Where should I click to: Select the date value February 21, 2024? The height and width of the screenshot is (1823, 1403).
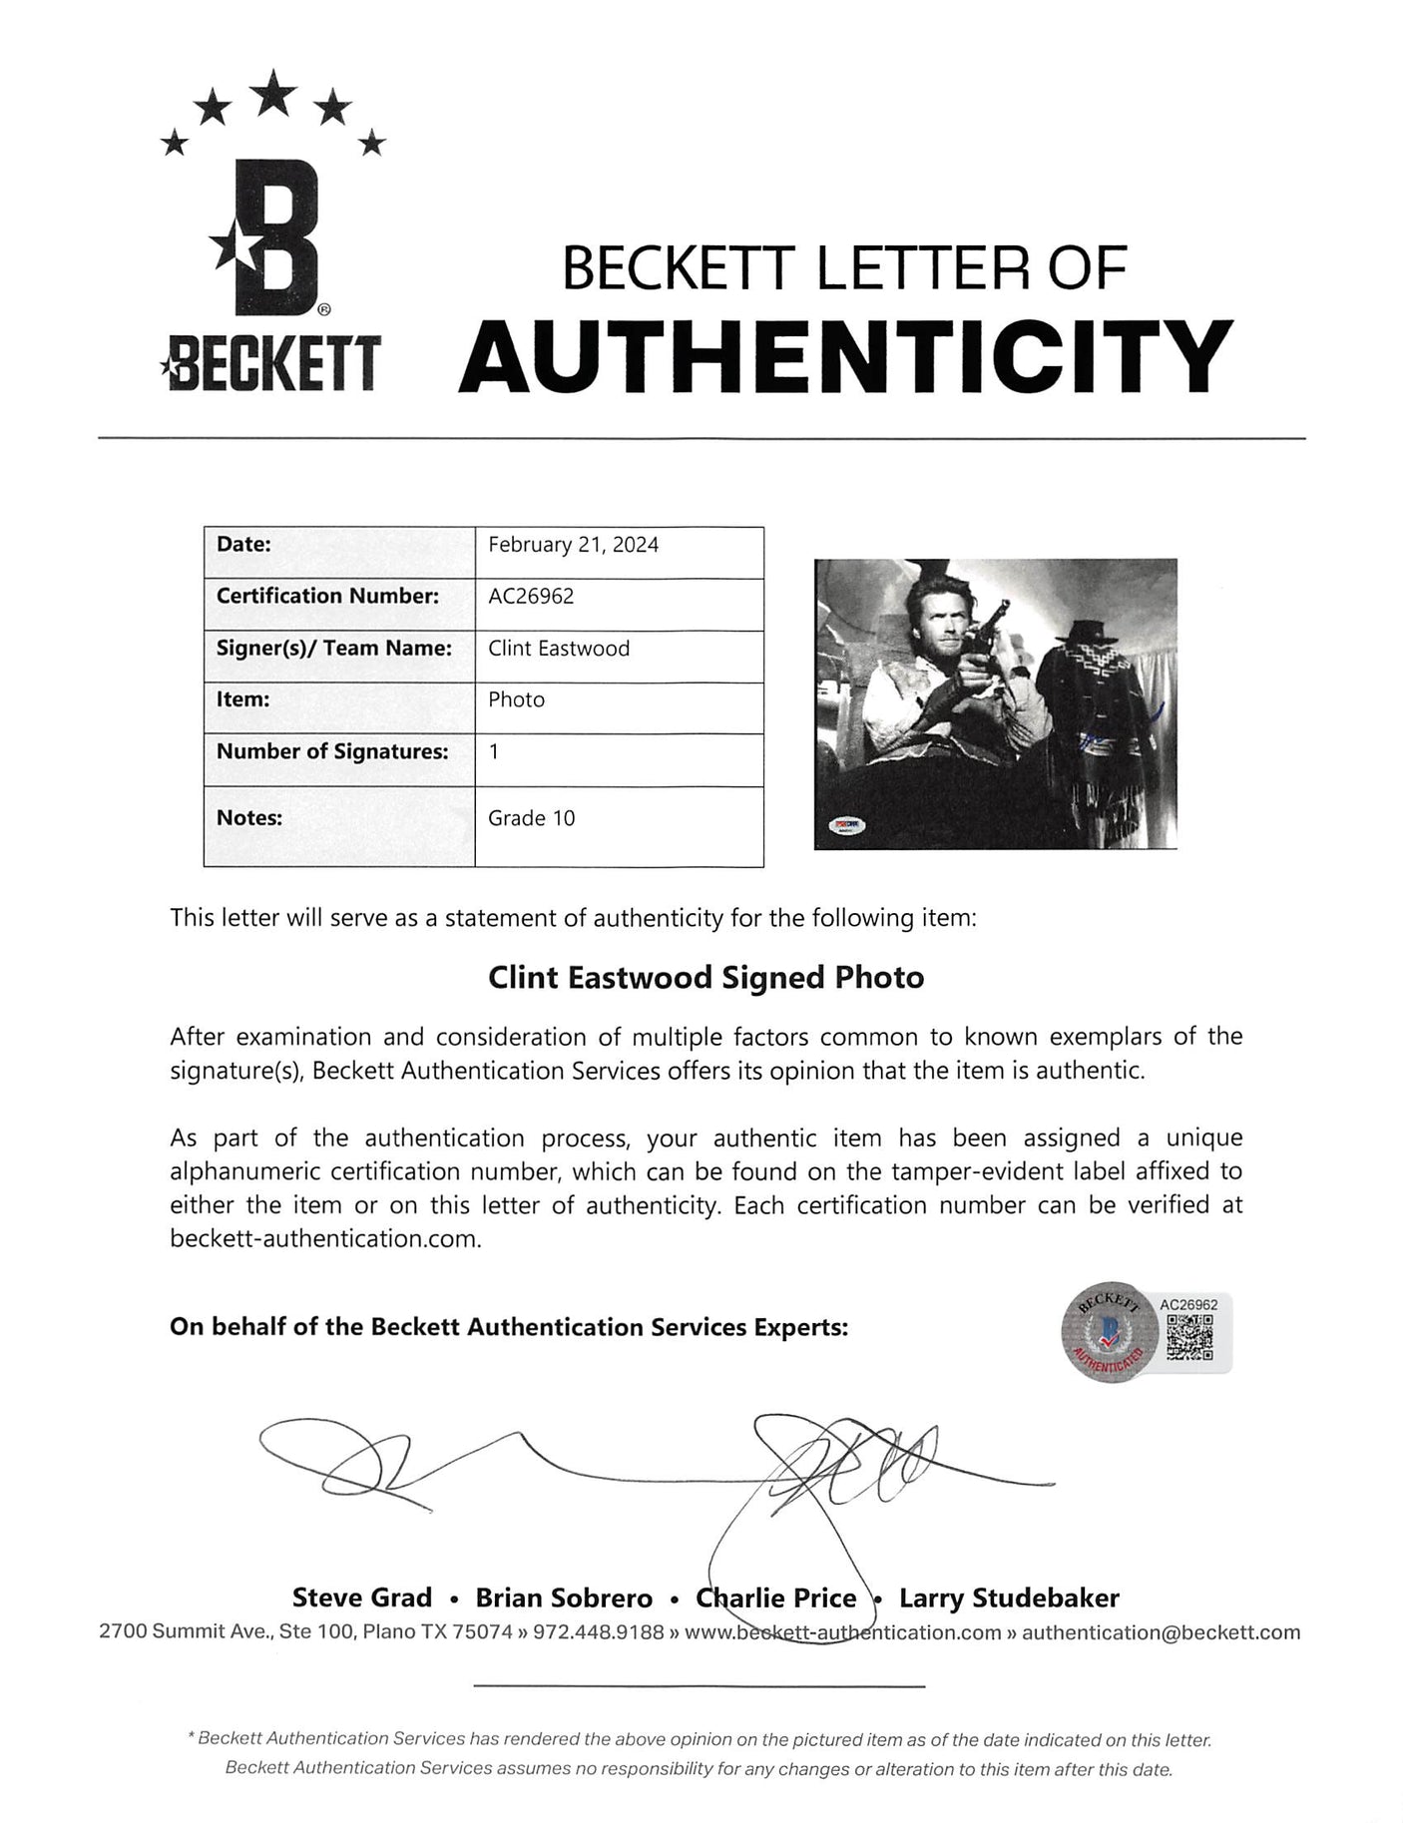(573, 545)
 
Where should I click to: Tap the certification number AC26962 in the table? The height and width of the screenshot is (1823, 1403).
(531, 597)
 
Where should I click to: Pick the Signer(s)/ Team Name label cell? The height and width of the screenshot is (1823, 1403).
(334, 649)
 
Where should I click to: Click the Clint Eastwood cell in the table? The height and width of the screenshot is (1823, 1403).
(559, 649)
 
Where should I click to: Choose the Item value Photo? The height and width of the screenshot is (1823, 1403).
(516, 699)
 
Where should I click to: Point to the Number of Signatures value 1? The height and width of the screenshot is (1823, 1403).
(494, 751)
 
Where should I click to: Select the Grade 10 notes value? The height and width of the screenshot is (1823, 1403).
(532, 818)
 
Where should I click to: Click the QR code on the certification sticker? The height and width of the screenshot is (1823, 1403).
(1189, 1336)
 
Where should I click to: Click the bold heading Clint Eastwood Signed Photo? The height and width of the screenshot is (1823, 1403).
(705, 978)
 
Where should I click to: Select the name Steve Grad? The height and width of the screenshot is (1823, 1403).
(362, 1598)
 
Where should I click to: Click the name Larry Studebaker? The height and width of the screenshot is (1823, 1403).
(1009, 1598)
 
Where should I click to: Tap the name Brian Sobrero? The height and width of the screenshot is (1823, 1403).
(564, 1598)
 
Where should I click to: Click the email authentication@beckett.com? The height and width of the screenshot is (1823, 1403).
(1162, 1632)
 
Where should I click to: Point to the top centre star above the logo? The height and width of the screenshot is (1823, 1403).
(272, 95)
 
